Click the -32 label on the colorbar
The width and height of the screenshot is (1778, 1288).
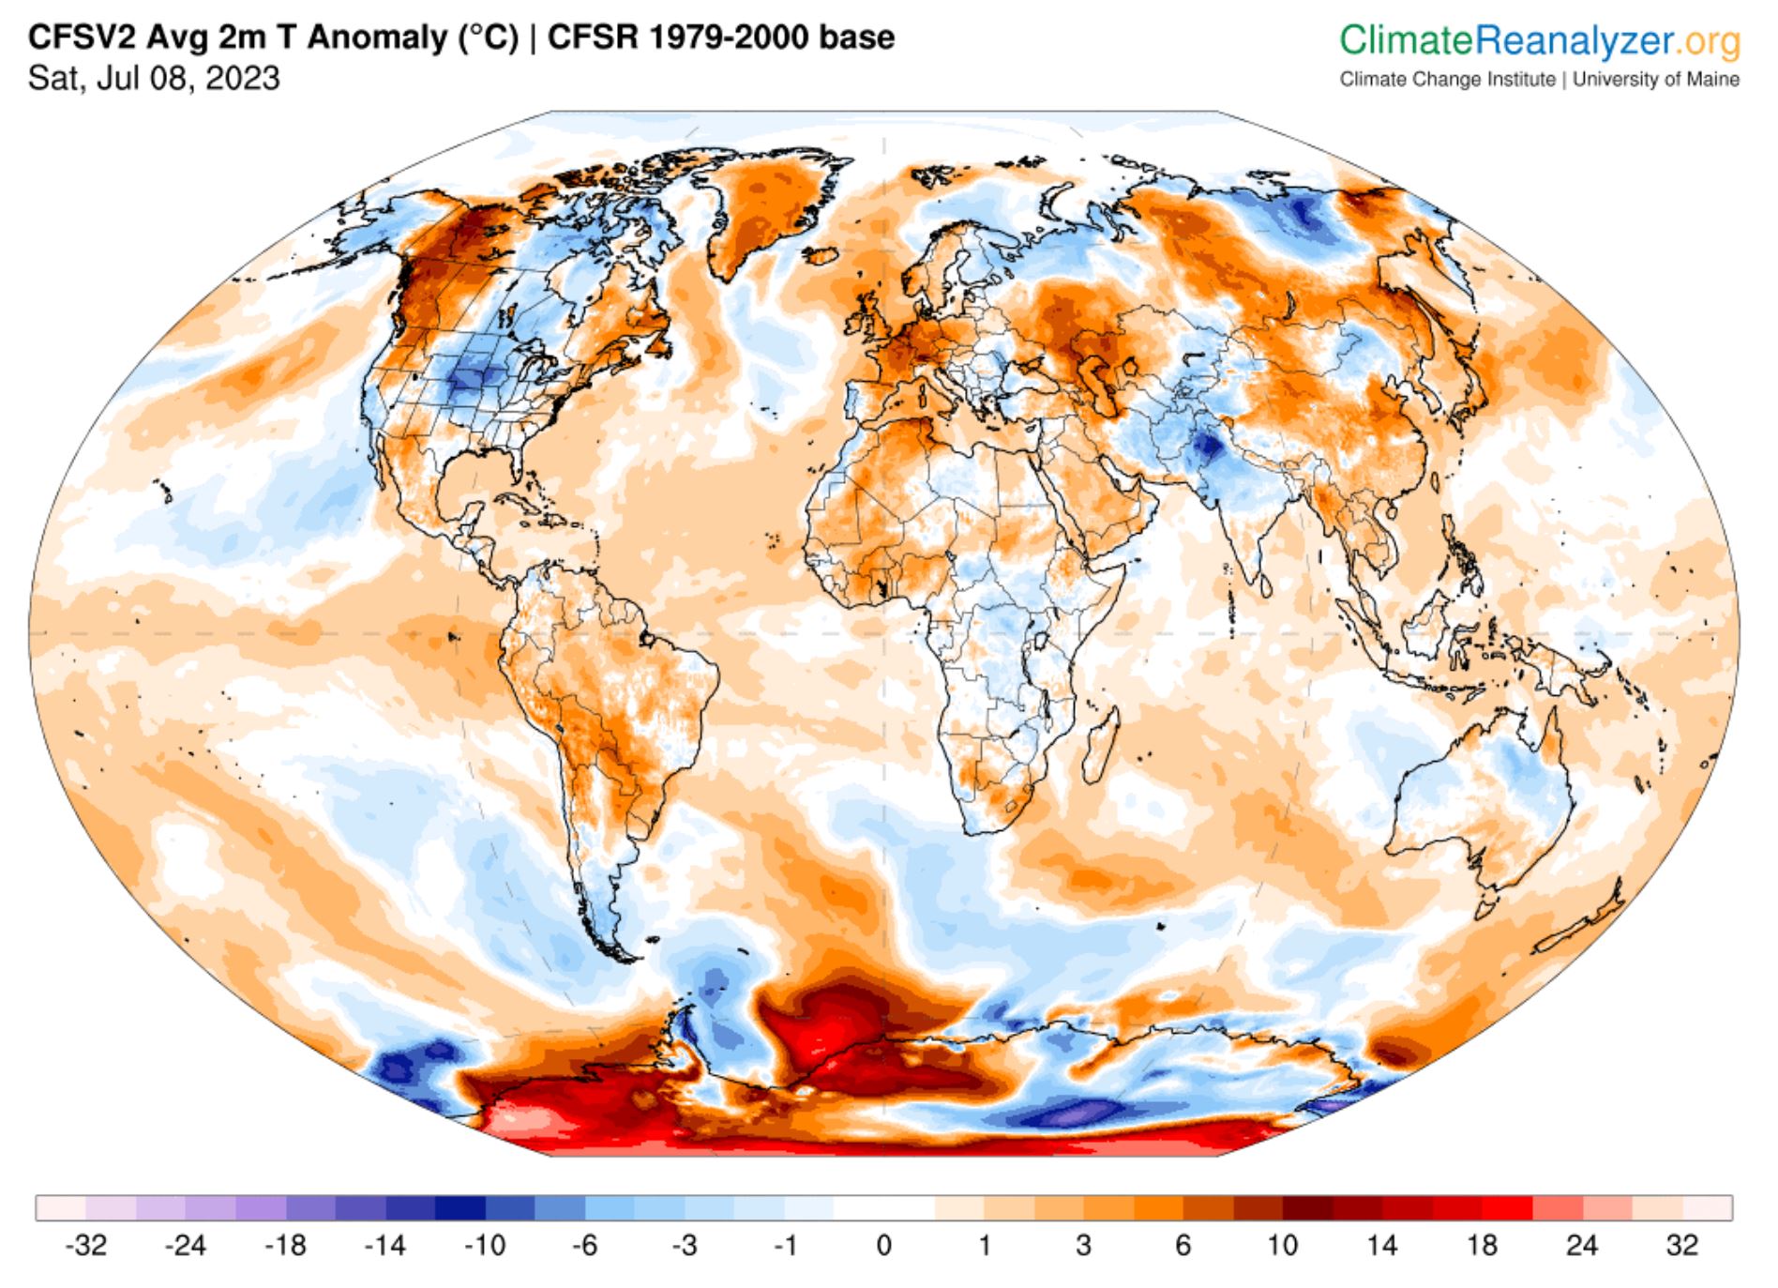pyautogui.click(x=85, y=1246)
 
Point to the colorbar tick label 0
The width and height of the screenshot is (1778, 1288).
pyautogui.click(x=883, y=1246)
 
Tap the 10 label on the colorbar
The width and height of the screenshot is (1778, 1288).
pyautogui.click(x=1282, y=1246)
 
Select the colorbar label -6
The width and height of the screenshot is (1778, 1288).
pyautogui.click(x=584, y=1246)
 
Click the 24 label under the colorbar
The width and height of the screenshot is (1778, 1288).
pyautogui.click(x=1581, y=1246)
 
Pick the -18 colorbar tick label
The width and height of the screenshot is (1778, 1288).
pyautogui.click(x=285, y=1246)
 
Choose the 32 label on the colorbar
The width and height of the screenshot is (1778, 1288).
pyautogui.click(x=1681, y=1246)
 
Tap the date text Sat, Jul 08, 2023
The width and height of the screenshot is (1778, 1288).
pyautogui.click(x=154, y=78)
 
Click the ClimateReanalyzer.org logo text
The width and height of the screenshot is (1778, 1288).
pyautogui.click(x=1539, y=40)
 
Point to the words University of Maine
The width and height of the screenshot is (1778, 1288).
pyautogui.click(x=1656, y=80)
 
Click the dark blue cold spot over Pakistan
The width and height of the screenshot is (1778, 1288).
pyautogui.click(x=1207, y=447)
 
